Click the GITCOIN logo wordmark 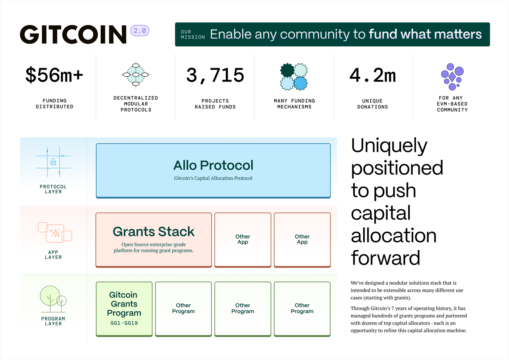point(73,35)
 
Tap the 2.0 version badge point(140,31)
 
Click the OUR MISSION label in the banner point(193,35)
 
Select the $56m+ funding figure point(54,75)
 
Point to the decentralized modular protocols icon point(136,75)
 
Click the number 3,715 point(215,75)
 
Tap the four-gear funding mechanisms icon point(294,77)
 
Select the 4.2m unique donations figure point(373,75)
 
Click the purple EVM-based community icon point(452,76)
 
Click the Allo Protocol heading point(213,165)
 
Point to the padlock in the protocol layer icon point(53,162)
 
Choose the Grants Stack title point(153,232)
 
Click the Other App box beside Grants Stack point(243,239)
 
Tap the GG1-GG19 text point(124,323)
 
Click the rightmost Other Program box point(302,309)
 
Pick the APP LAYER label point(53,255)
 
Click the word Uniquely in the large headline point(389,146)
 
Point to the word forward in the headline point(385,258)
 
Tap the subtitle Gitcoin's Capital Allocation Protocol point(213,178)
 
